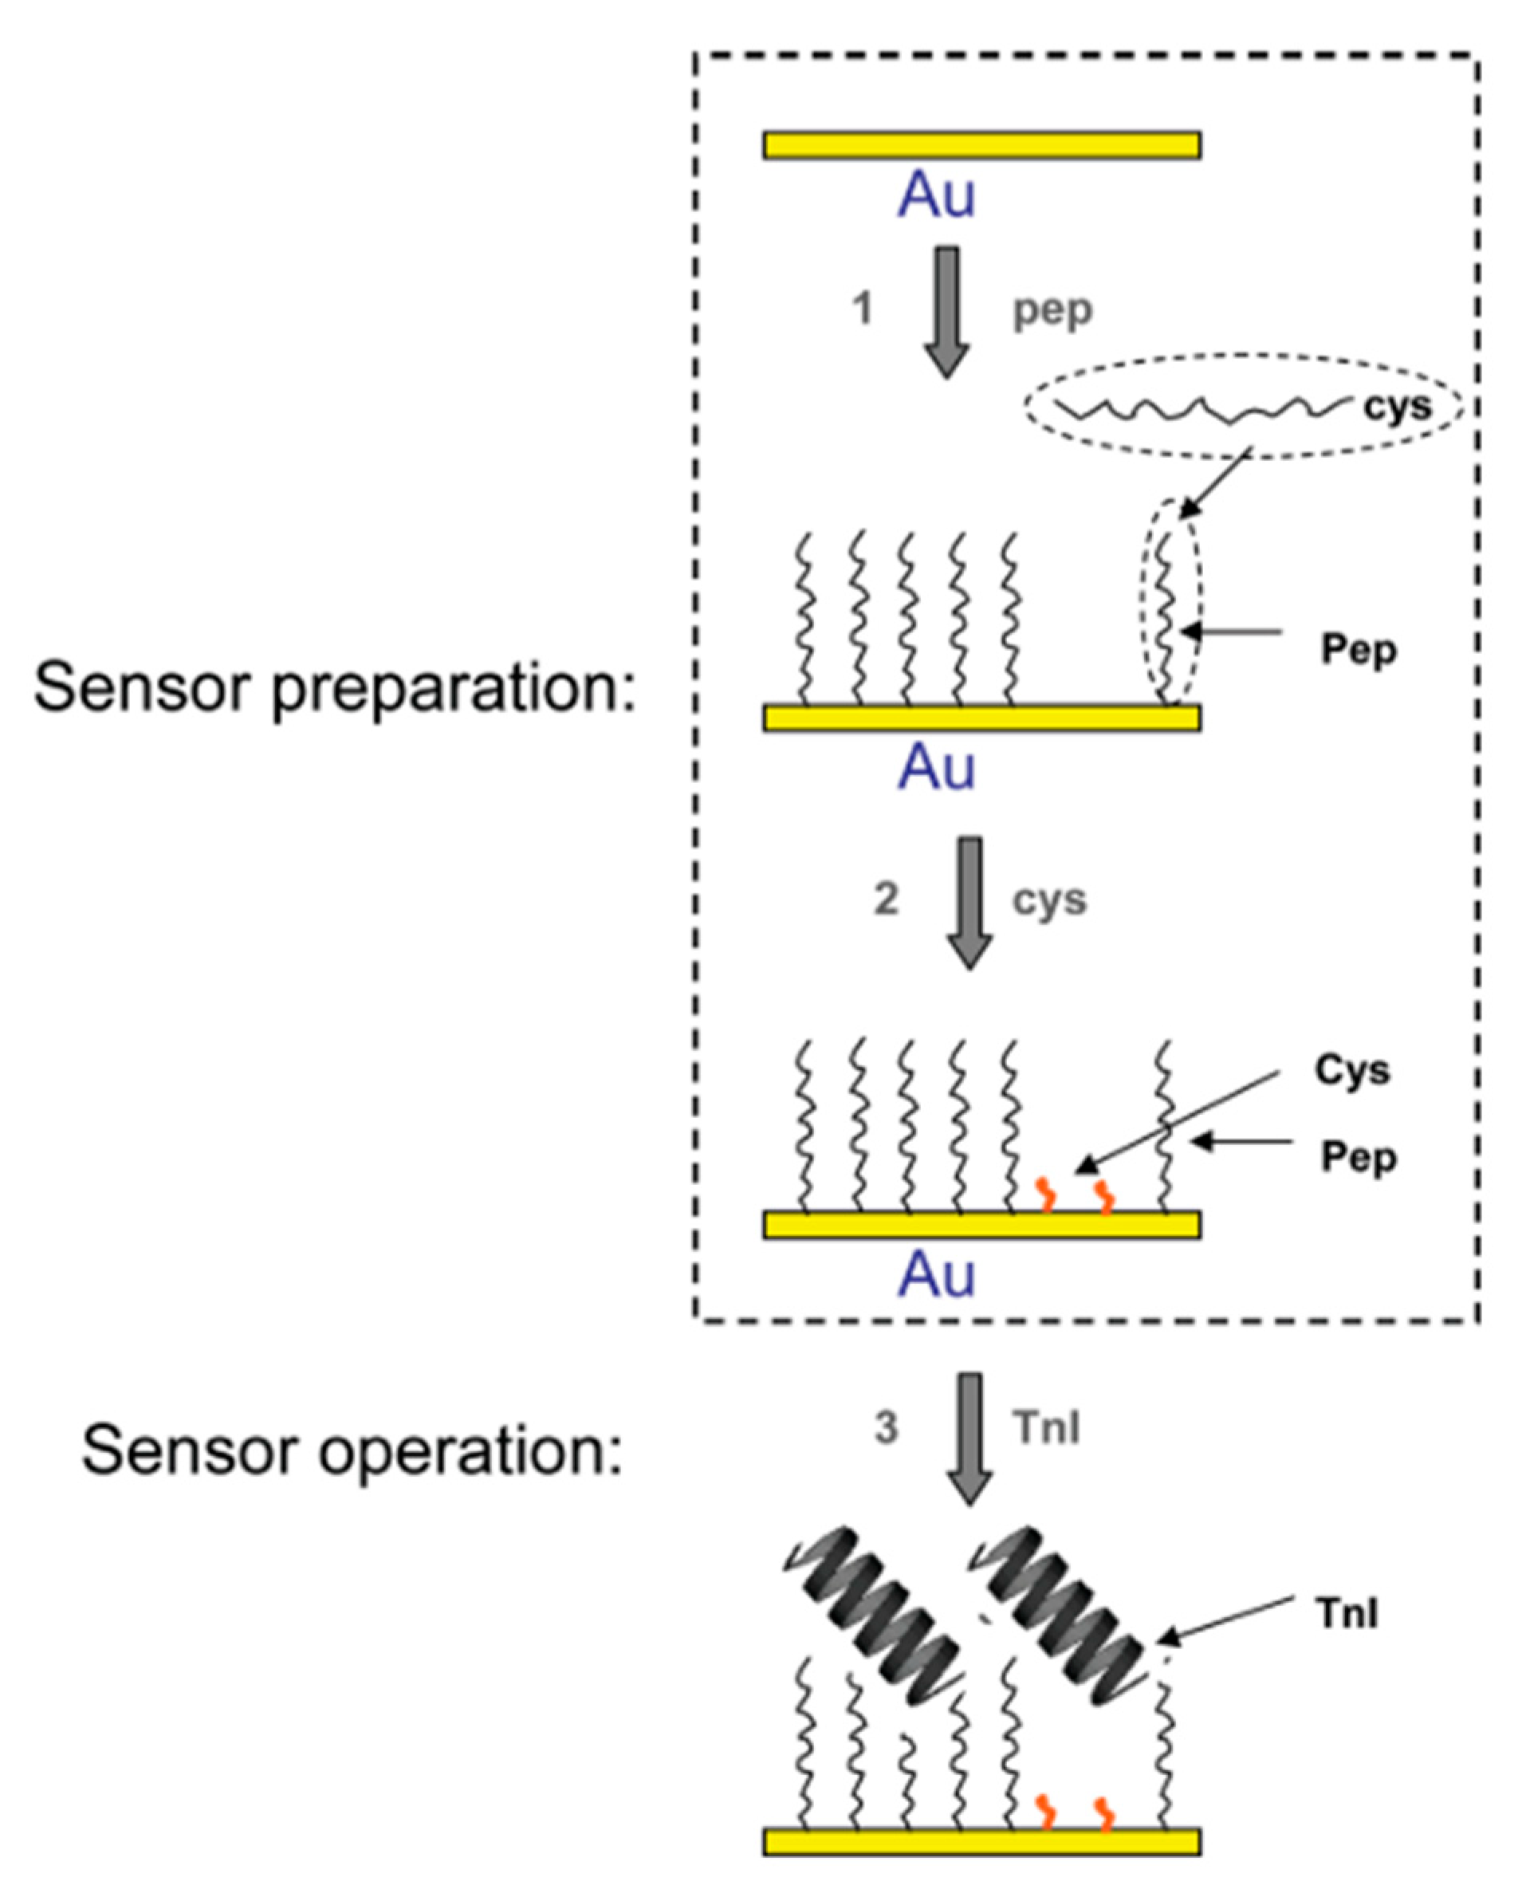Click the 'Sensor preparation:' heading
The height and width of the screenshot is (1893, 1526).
click(334, 687)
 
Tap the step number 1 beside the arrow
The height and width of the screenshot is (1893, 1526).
click(863, 309)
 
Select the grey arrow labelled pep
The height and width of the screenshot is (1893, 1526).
click(946, 312)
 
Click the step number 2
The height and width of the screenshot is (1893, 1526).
click(885, 899)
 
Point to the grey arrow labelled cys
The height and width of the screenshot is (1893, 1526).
click(969, 902)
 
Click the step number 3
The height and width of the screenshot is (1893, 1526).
click(885, 1428)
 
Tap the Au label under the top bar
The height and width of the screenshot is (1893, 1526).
click(935, 195)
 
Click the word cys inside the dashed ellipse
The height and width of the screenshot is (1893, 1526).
click(1397, 406)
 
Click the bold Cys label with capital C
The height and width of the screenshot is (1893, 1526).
click(1352, 1070)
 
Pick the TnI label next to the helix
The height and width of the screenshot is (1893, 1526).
click(1347, 1612)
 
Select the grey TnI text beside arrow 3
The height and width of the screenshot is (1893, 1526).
click(1045, 1428)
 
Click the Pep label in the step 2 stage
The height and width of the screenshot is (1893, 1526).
click(1358, 1157)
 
